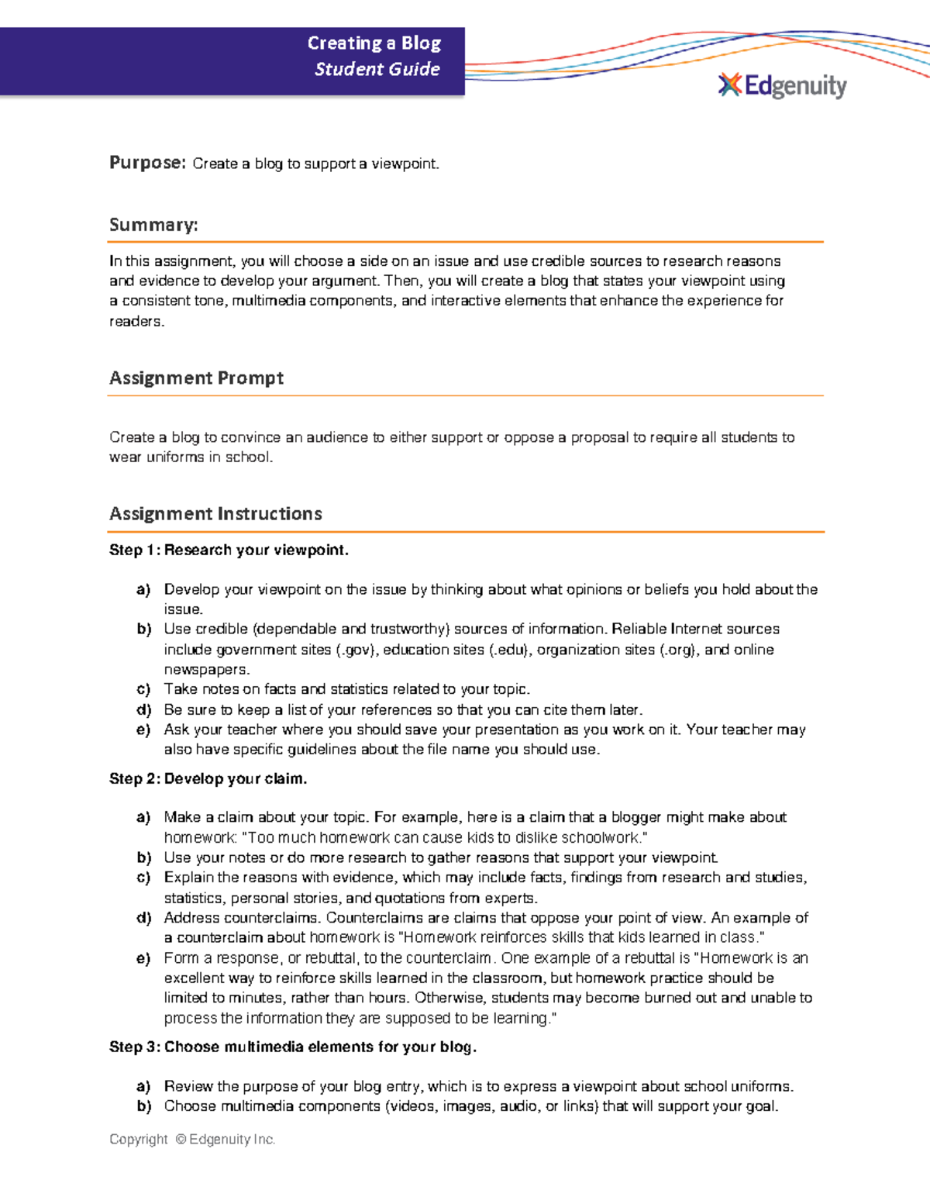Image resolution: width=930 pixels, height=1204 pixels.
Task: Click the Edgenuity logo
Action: (x=783, y=85)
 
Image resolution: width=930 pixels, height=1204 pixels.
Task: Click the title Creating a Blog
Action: (x=374, y=43)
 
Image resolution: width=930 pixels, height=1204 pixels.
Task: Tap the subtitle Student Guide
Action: (x=377, y=69)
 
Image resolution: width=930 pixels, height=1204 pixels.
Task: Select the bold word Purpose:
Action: (x=147, y=163)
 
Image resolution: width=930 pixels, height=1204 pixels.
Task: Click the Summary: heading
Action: (x=153, y=225)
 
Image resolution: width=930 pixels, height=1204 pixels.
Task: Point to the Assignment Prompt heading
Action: (x=196, y=378)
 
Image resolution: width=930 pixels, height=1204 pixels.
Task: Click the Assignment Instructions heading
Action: (x=215, y=514)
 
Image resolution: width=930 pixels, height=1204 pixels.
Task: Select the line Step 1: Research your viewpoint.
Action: (x=229, y=550)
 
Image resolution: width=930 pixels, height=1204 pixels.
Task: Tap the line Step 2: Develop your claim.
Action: (x=208, y=779)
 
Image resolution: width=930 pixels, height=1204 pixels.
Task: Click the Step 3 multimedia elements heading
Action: (x=292, y=1047)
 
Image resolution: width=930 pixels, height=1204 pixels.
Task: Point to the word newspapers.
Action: (x=206, y=670)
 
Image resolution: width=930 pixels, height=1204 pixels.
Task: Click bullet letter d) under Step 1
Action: (x=143, y=710)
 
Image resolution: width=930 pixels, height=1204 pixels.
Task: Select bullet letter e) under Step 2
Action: (x=143, y=959)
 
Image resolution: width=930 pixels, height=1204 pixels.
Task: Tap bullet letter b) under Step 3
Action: (x=143, y=1107)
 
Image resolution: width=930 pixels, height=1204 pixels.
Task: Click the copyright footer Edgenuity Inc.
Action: (x=232, y=1140)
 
